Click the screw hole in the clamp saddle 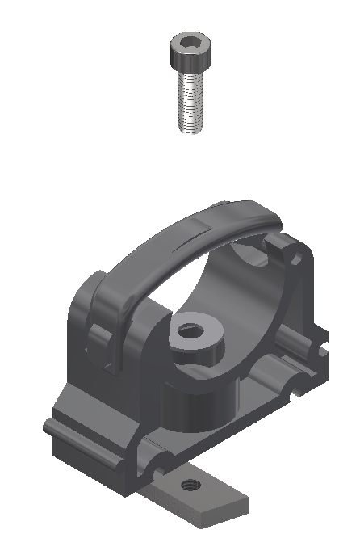[190, 330]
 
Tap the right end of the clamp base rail [319, 339]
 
